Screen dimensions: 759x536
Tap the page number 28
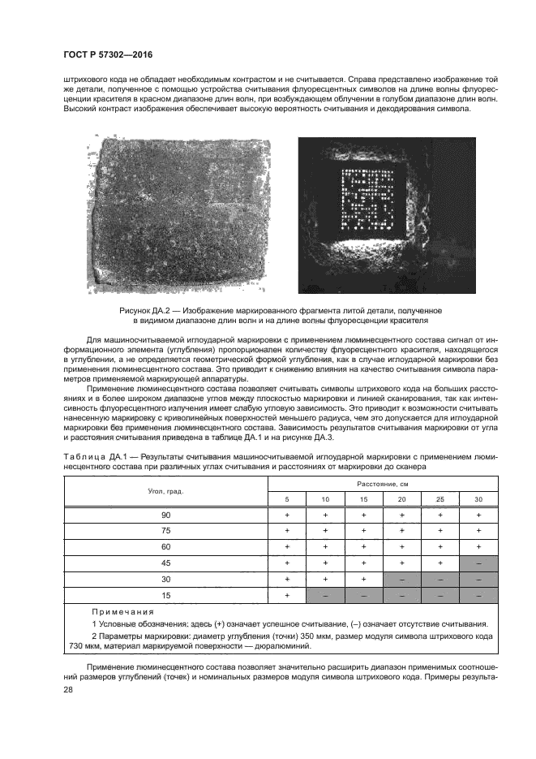coord(67,689)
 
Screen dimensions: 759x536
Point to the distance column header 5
coord(287,499)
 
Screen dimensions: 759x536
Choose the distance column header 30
coord(478,499)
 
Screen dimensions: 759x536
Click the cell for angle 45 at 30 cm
coord(478,562)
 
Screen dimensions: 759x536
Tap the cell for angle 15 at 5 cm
coord(287,596)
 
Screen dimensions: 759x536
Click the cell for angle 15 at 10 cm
coord(325,596)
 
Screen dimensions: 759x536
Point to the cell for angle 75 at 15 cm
coord(364,530)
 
